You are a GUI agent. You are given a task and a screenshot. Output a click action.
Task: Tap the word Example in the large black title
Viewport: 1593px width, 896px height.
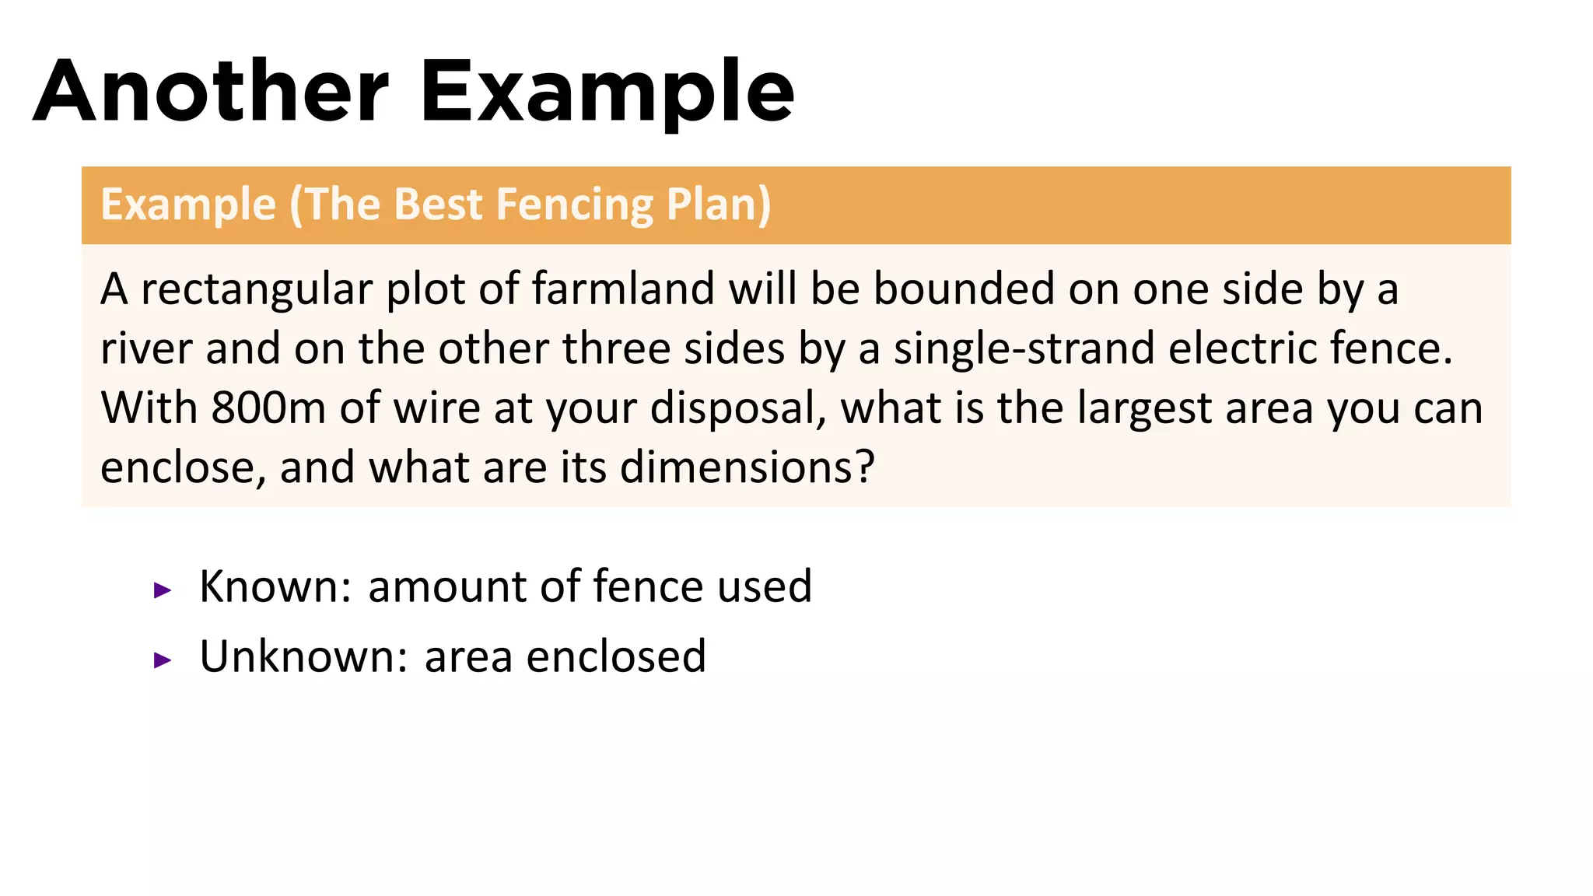(607, 92)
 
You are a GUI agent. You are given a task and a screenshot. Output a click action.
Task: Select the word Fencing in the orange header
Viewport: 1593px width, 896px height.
(574, 205)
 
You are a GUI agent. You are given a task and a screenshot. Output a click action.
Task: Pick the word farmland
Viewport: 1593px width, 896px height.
(622, 289)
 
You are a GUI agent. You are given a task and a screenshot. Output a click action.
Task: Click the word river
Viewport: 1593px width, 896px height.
(146, 348)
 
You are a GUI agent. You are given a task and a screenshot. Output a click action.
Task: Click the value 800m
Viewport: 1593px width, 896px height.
(268, 408)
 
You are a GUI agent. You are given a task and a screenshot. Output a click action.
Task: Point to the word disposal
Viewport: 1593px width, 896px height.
(737, 408)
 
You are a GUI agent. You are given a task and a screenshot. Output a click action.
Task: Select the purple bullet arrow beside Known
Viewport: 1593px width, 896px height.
(163, 590)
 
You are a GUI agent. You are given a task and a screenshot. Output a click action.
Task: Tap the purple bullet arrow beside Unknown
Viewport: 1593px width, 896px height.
(163, 660)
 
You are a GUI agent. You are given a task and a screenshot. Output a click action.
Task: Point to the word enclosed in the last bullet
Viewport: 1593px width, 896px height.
(616, 656)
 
